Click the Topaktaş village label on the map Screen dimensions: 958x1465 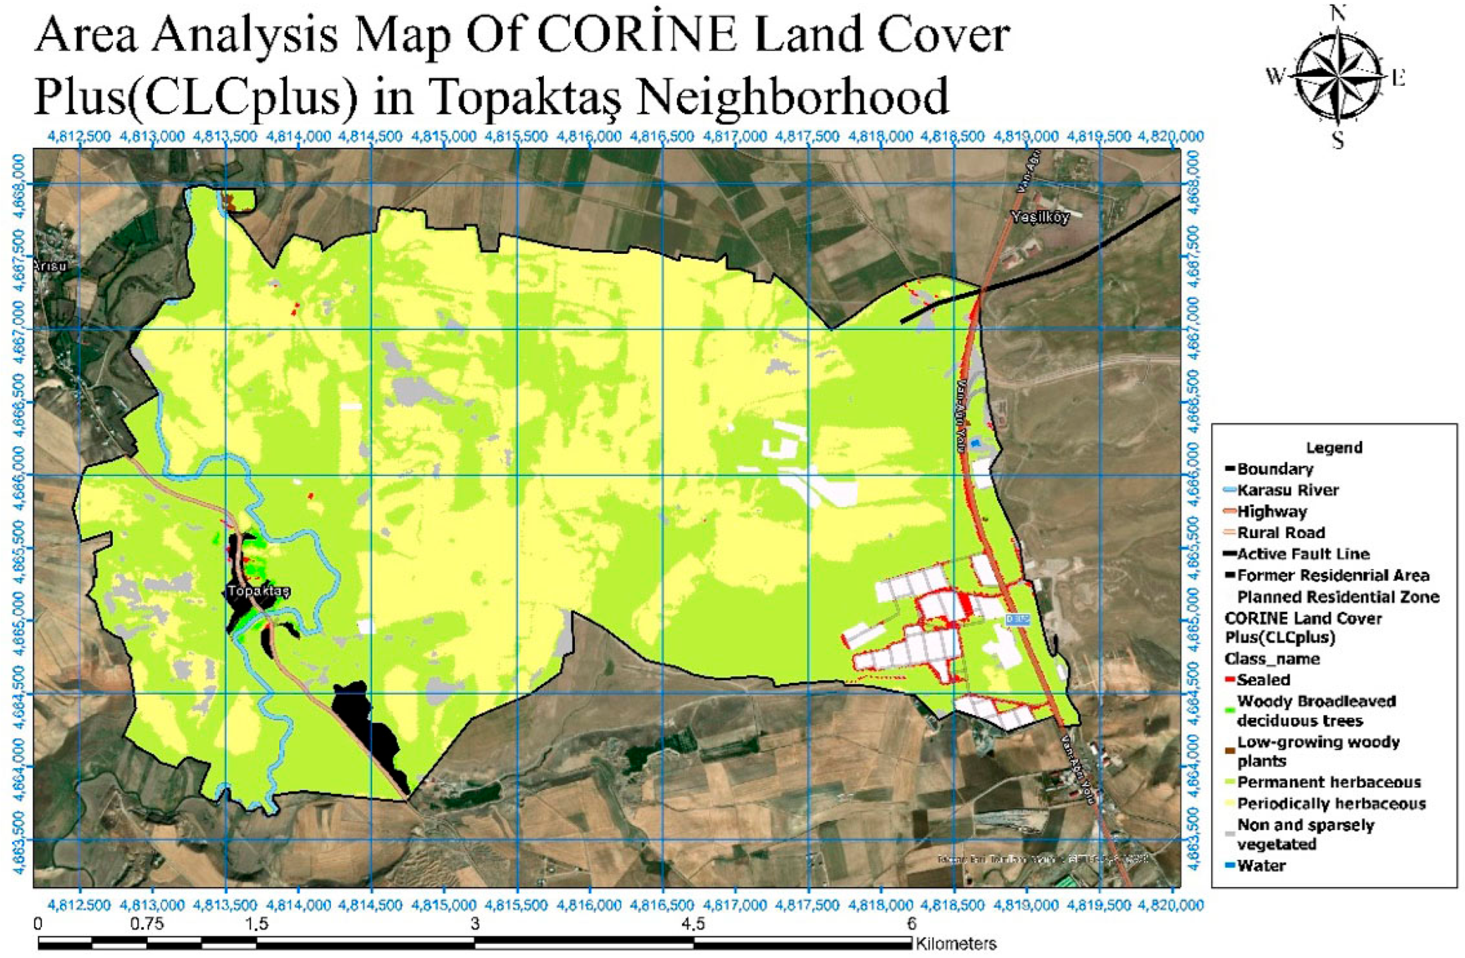click(258, 591)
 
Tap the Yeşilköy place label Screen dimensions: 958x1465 click(1040, 217)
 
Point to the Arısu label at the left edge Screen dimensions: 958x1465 click(49, 265)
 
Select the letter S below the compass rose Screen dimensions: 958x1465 click(1338, 142)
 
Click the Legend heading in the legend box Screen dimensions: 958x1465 click(1334, 447)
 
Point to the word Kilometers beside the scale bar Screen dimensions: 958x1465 click(956, 943)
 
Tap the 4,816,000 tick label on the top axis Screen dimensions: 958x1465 click(589, 136)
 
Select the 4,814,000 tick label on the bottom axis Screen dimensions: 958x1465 click(298, 906)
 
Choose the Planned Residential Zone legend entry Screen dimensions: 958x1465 click(1338, 596)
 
